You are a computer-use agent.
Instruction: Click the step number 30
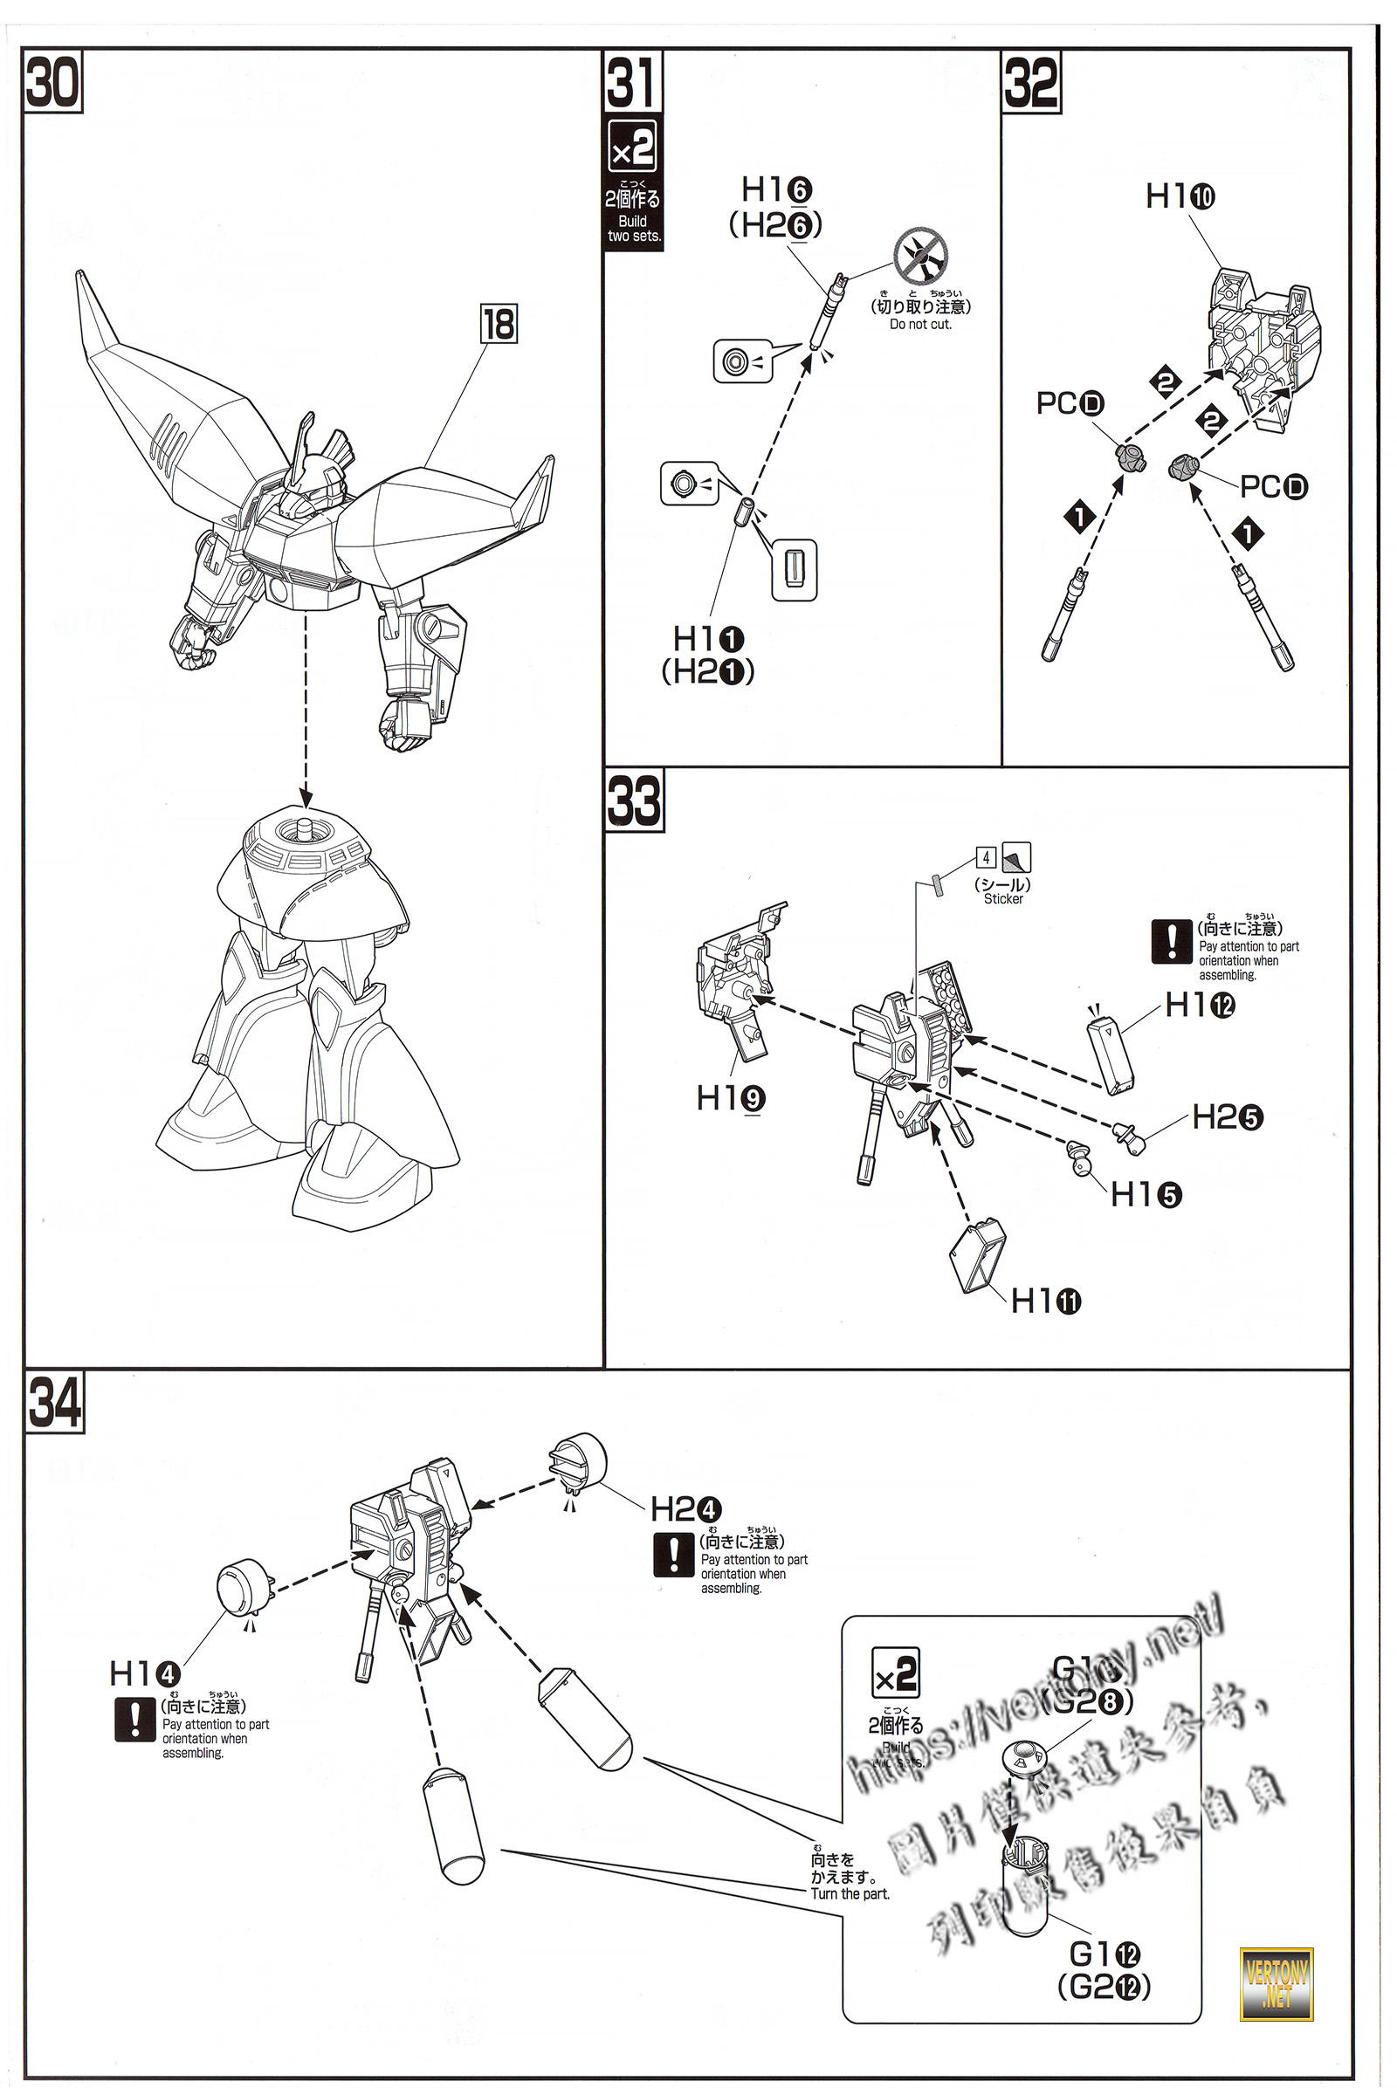point(52,82)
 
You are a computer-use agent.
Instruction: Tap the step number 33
point(634,800)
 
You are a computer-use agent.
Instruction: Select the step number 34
point(54,1402)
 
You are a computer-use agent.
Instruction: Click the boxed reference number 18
point(499,324)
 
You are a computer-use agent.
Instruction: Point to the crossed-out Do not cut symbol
point(920,256)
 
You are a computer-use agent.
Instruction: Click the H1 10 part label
point(1180,196)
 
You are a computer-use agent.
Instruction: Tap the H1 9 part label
point(731,1098)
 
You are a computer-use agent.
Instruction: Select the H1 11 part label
point(1046,1302)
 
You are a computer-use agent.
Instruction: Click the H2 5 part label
point(1227,1117)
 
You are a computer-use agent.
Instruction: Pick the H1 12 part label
point(1199,1005)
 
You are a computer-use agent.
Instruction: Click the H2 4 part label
point(685,1509)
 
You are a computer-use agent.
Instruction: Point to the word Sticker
point(1003,899)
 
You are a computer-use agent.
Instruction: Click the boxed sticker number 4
point(986,857)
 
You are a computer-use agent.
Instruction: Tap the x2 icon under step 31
point(632,147)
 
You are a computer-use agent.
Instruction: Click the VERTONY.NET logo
point(1277,1984)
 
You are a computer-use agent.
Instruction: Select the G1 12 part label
point(1104,1954)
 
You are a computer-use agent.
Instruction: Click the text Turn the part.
point(850,1893)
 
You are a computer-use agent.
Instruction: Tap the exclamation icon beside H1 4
point(135,1719)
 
